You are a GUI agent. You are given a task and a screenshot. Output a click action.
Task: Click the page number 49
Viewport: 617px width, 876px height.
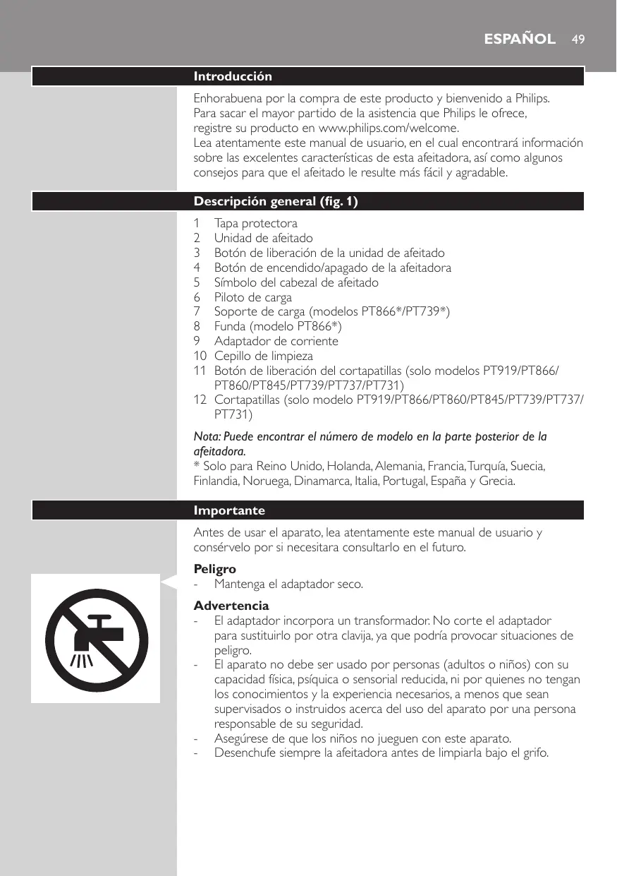(x=578, y=39)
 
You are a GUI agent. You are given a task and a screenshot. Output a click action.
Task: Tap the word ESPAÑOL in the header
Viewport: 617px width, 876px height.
(x=520, y=39)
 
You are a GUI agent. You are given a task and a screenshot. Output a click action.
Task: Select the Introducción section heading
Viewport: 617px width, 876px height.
(x=233, y=76)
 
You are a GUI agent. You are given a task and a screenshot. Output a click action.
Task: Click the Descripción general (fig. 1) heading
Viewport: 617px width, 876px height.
(x=276, y=202)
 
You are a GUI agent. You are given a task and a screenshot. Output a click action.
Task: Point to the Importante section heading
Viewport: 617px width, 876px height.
(x=229, y=510)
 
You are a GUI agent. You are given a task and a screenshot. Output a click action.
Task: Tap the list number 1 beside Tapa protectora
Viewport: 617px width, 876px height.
(x=197, y=224)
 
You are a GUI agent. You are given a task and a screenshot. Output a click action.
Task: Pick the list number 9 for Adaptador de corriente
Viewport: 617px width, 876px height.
(x=197, y=341)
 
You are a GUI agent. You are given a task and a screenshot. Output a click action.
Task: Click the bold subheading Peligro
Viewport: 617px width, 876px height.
(x=214, y=569)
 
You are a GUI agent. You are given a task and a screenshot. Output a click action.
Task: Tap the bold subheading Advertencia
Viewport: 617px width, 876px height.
(x=231, y=606)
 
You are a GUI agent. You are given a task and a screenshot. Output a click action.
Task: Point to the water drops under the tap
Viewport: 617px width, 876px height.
(x=82, y=661)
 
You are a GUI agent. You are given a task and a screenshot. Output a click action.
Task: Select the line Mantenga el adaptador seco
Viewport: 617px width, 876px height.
(x=288, y=584)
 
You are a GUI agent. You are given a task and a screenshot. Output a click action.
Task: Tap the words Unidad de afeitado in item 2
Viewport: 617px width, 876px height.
(x=263, y=238)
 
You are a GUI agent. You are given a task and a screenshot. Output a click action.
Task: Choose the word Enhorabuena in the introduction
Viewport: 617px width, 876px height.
(x=228, y=97)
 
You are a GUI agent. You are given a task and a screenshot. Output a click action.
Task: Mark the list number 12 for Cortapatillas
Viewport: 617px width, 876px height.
(x=200, y=400)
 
